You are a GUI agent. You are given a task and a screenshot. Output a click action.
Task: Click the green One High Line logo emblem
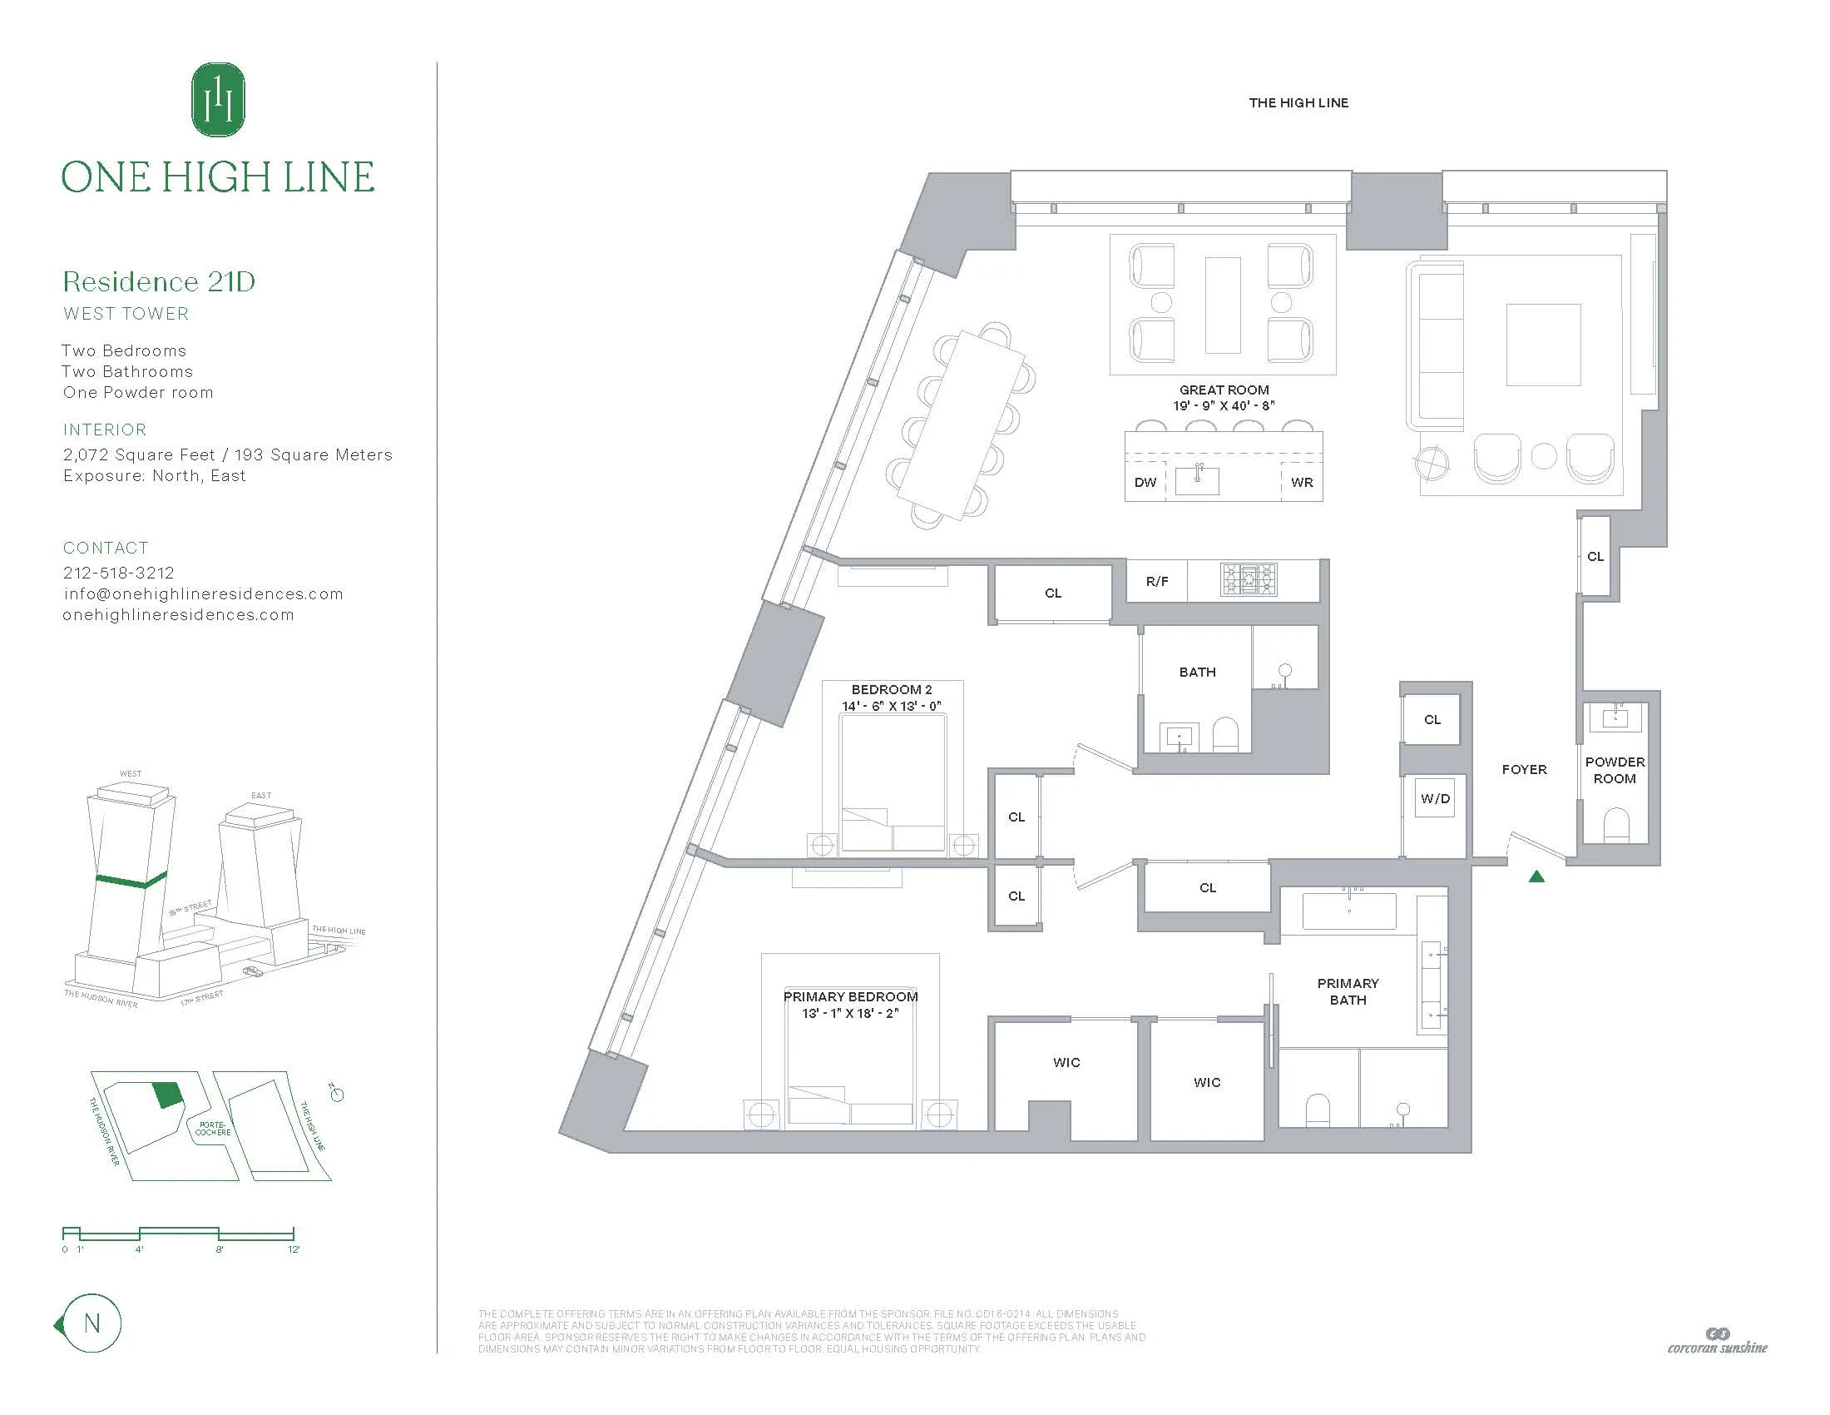point(218,99)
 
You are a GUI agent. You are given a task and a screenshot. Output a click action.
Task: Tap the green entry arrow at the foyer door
point(1536,876)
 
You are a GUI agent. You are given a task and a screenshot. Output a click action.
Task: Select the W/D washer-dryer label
point(1435,799)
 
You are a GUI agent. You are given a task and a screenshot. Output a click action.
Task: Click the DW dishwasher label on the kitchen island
point(1145,483)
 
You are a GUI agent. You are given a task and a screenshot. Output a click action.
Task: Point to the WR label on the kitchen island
point(1301,483)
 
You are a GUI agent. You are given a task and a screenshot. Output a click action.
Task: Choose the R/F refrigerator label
point(1156,581)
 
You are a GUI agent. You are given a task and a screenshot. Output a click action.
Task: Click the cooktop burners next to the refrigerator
point(1249,579)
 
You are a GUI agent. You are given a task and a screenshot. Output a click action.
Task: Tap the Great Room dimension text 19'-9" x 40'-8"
point(1224,405)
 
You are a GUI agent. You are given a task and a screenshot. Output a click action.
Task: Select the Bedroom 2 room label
point(892,690)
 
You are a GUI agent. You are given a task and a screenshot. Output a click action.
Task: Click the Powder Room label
point(1614,770)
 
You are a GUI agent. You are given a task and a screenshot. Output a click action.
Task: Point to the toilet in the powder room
point(1615,825)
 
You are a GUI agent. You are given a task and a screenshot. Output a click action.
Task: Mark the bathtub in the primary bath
point(1349,911)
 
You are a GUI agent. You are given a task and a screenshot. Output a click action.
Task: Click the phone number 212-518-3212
point(119,573)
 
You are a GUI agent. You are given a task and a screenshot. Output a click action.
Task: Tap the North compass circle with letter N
point(92,1323)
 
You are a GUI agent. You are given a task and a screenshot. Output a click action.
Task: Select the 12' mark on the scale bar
point(294,1249)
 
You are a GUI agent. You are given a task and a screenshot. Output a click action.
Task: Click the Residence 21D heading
point(159,281)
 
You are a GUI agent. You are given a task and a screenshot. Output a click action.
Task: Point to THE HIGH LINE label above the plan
point(1298,103)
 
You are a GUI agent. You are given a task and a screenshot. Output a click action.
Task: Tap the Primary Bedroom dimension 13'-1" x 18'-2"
point(849,1013)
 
